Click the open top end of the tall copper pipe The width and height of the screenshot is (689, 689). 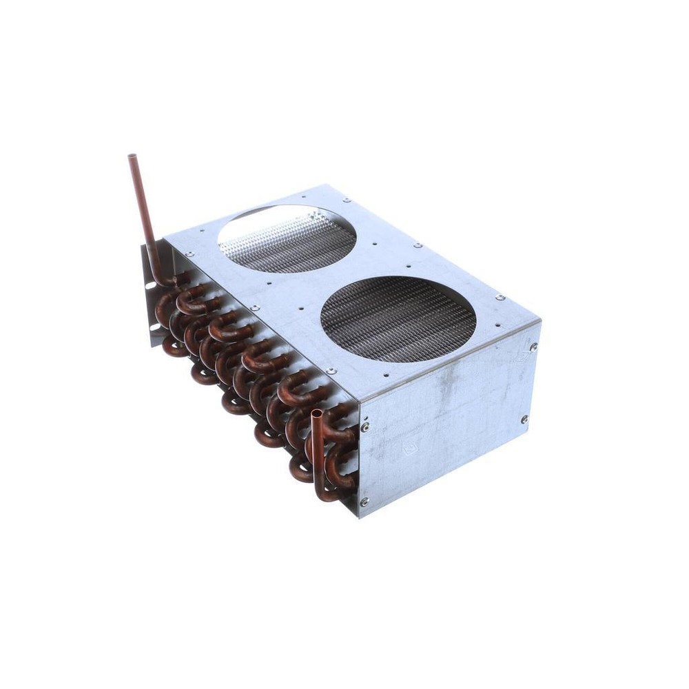(x=132, y=158)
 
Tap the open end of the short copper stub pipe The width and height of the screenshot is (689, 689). (x=316, y=414)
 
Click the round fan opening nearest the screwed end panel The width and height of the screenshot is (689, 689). (x=398, y=318)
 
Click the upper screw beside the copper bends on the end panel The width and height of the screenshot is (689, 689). (x=364, y=427)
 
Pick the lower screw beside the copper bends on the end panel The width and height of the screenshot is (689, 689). (x=364, y=502)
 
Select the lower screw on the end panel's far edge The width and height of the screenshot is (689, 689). (x=524, y=419)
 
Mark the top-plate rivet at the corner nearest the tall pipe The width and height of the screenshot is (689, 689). (x=189, y=254)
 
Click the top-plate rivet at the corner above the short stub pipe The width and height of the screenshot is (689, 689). (x=331, y=371)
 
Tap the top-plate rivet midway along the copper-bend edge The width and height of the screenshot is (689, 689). (x=255, y=308)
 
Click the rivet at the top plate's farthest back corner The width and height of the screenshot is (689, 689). (x=418, y=245)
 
